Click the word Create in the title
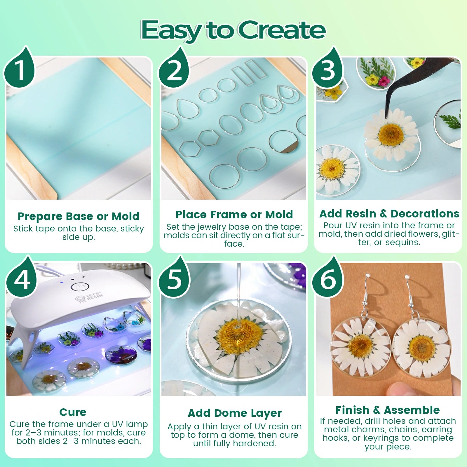pyautogui.click(x=282, y=30)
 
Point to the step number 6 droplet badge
pyautogui.click(x=327, y=278)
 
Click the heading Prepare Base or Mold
pyautogui.click(x=79, y=216)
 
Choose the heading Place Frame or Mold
pyautogui.click(x=234, y=215)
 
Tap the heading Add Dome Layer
pyautogui.click(x=234, y=413)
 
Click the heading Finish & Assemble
pyautogui.click(x=388, y=410)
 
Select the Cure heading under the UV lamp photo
pyautogui.click(x=73, y=412)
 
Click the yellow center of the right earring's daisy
pyautogui.click(x=421, y=347)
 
